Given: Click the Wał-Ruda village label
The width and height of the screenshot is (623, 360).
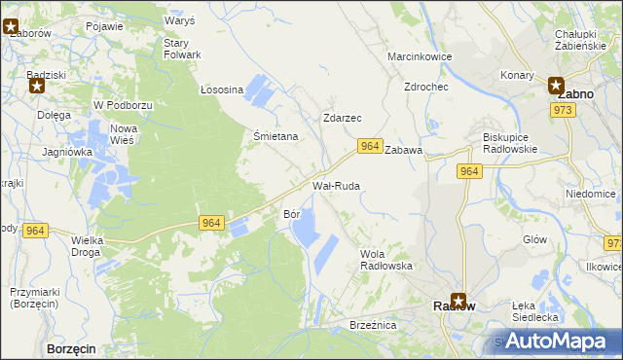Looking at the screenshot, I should pos(336,185).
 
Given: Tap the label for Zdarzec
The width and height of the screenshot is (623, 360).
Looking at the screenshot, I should pos(342,118).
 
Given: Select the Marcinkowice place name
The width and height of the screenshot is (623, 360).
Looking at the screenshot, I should pos(420,56).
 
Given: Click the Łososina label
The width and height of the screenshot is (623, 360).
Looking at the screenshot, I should pos(221,90).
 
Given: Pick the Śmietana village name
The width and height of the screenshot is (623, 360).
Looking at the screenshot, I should pos(275,137).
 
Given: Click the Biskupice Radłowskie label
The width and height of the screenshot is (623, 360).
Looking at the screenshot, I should pos(517,143).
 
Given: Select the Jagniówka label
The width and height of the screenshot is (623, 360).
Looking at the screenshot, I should pos(67,152).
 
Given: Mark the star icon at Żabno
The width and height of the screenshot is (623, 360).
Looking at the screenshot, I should pos(556,85).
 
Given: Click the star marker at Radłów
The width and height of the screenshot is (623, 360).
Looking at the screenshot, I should pos(458,302).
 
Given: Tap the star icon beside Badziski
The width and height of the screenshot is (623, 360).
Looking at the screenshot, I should pos(37,86).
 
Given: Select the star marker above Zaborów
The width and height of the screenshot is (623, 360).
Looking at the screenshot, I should pos(11,27).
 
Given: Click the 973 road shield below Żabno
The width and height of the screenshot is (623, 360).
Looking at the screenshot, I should pos(563,110).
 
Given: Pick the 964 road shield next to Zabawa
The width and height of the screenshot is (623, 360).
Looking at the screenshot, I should pos(368,146).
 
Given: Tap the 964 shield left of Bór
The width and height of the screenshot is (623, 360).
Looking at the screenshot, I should pos(211,223).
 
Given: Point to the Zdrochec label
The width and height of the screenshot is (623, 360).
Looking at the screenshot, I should pos(425,87).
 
